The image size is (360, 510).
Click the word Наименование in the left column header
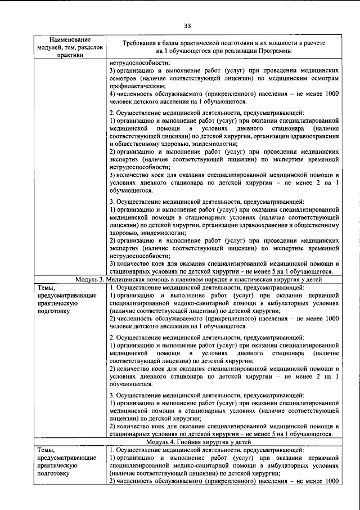click(x=70, y=40)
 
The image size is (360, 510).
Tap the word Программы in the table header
click(x=273, y=51)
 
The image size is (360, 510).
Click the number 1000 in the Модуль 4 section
click(x=331, y=481)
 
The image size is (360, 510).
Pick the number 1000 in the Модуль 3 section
click(x=331, y=319)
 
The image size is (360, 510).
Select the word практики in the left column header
click(x=70, y=55)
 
